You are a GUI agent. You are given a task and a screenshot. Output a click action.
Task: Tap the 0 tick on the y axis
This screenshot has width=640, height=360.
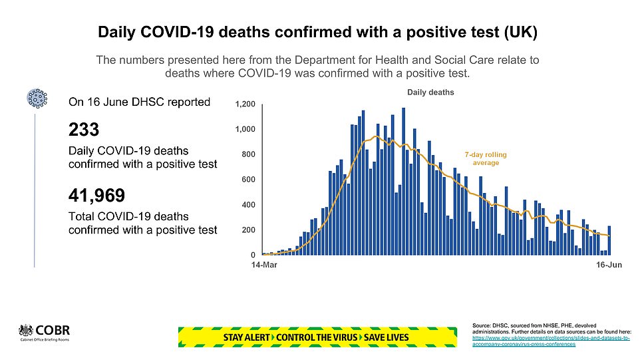pyautogui.click(x=252, y=255)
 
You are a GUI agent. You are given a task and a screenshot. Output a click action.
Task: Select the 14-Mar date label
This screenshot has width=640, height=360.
pyautogui.click(x=263, y=266)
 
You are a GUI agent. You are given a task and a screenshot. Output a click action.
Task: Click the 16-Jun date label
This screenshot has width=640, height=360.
pyautogui.click(x=609, y=266)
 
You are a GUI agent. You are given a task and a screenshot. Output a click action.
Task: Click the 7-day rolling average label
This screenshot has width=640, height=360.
pyautogui.click(x=486, y=158)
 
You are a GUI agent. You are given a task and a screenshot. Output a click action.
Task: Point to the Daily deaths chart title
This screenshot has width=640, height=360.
pyautogui.click(x=431, y=92)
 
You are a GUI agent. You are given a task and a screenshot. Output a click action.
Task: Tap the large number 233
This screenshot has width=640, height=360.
pyautogui.click(x=84, y=128)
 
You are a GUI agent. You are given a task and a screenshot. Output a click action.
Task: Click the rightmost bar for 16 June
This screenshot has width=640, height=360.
pyautogui.click(x=609, y=240)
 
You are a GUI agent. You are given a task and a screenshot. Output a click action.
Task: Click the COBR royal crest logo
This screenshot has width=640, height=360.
pyautogui.click(x=27, y=331)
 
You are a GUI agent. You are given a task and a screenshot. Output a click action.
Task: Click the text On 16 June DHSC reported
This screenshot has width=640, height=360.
pyautogui.click(x=140, y=102)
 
